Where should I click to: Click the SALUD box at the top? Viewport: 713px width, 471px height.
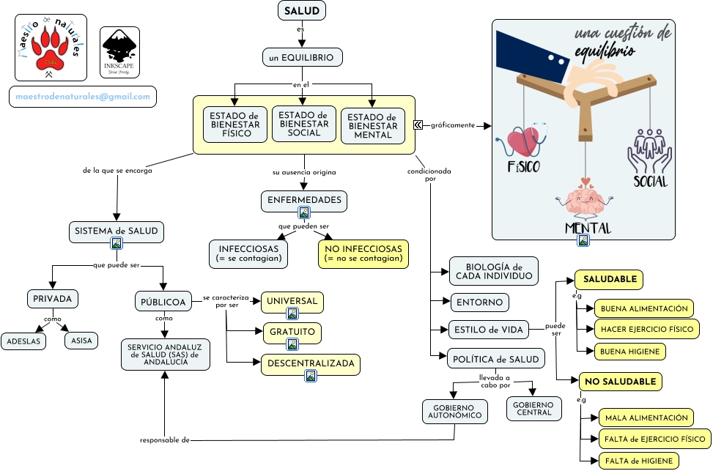point(301,11)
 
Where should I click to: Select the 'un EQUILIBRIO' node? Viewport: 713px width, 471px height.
point(302,57)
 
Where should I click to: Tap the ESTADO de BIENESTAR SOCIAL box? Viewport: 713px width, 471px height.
point(304,125)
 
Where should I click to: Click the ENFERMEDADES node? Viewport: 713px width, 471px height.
point(304,200)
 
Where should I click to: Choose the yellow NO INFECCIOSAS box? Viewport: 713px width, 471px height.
point(363,253)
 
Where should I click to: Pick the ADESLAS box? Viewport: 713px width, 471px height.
point(23,341)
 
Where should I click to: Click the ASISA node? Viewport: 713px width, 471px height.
point(81,341)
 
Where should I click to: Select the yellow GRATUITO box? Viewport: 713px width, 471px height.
point(292,333)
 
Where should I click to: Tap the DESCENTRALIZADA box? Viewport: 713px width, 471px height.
point(311,363)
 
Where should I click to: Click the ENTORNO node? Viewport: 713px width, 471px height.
point(480,302)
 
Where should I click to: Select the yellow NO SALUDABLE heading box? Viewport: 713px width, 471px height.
point(621,382)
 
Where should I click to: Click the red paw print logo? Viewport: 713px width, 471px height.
point(49,47)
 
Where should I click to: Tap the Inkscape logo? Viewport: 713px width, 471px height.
point(119,50)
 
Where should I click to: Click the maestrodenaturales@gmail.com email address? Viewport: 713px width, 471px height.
point(83,97)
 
